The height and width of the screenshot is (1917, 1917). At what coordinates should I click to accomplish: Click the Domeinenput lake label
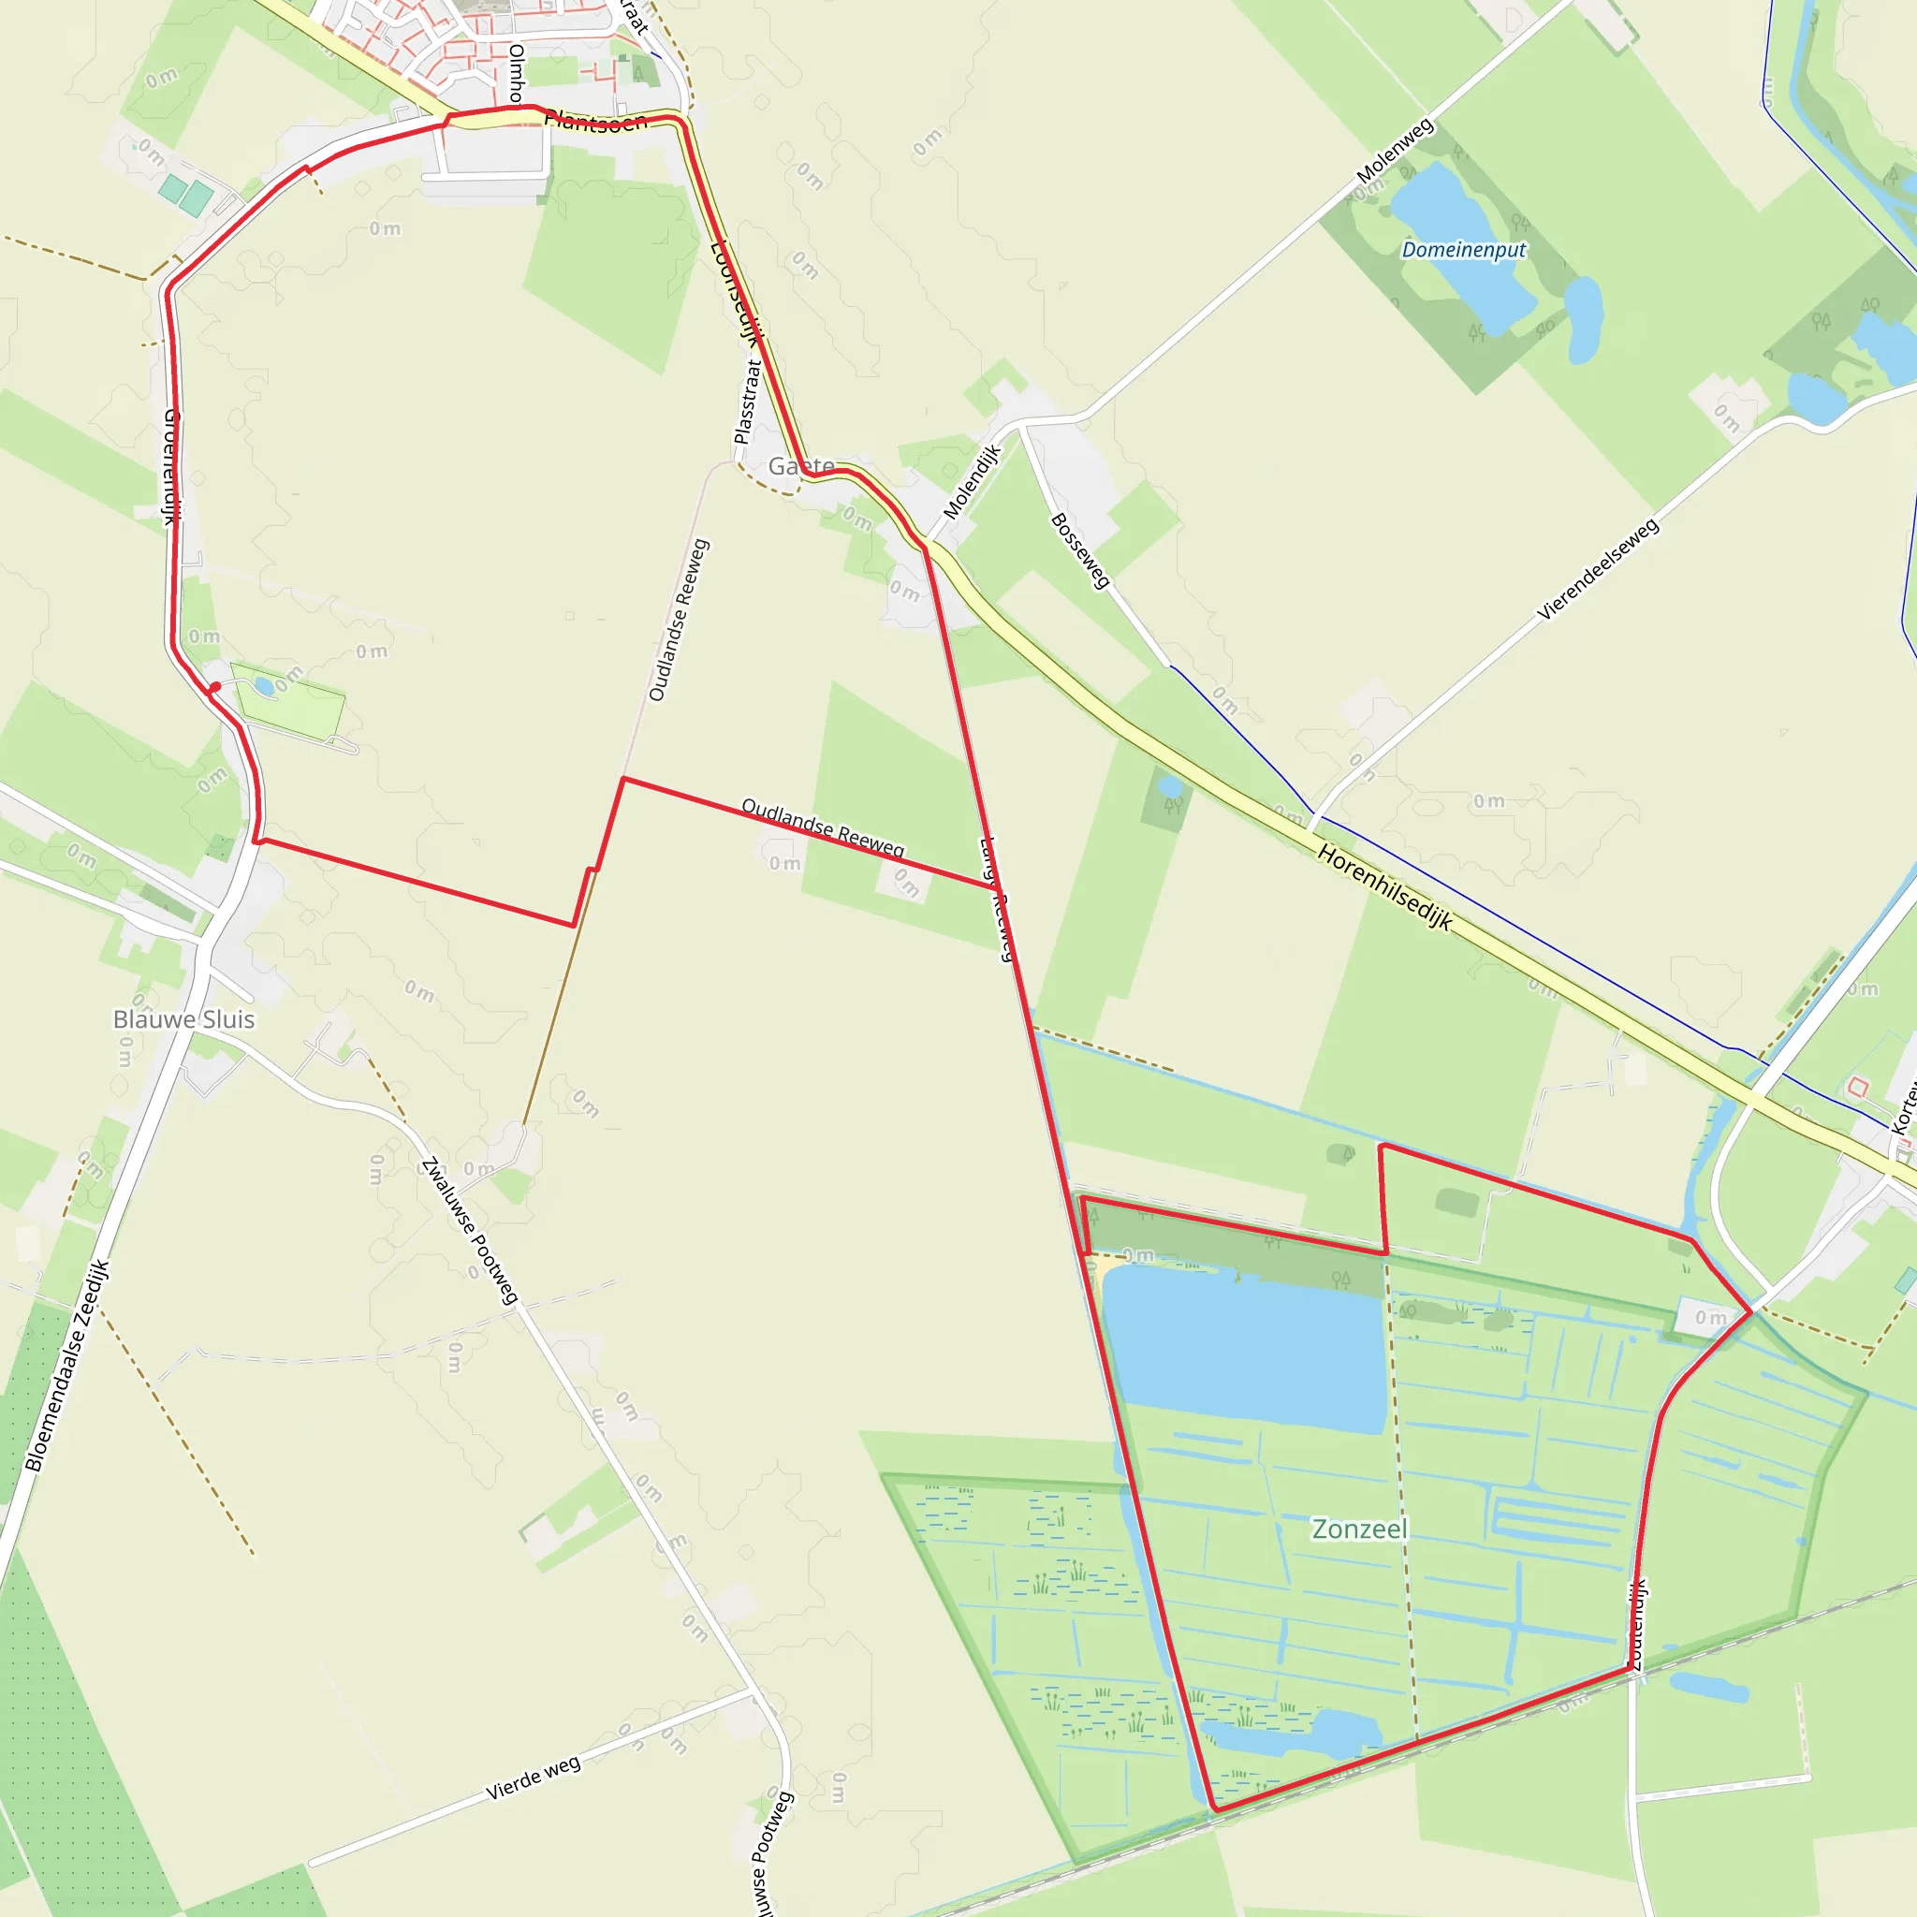[1464, 249]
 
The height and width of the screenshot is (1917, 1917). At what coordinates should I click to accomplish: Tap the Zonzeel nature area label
[1359, 1529]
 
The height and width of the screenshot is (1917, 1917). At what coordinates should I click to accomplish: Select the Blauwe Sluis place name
[183, 1019]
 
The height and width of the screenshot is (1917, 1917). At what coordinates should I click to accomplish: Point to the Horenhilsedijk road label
[1385, 887]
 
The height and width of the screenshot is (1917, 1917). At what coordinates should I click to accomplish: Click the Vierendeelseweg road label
[1598, 569]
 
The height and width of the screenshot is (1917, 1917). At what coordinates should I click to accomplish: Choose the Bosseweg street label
[1079, 550]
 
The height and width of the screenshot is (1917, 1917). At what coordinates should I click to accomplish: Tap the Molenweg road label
[1395, 150]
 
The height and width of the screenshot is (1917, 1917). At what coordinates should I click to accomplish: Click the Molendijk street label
[973, 481]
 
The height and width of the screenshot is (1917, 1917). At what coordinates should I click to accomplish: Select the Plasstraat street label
[746, 402]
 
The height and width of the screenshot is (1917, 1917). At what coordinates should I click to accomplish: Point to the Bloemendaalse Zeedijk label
[66, 1366]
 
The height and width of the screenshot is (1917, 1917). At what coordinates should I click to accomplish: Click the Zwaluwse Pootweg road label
[469, 1230]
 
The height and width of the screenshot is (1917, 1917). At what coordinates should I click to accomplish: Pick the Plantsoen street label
[595, 121]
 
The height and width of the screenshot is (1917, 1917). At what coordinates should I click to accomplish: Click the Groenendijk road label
[170, 466]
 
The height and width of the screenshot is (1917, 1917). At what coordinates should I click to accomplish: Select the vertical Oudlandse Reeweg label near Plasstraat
[679, 621]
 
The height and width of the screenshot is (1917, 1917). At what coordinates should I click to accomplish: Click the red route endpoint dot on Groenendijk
[214, 687]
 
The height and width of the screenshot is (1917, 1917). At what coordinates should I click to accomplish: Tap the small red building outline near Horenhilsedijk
[1857, 1088]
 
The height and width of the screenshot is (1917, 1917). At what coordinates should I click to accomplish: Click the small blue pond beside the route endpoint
[264, 685]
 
